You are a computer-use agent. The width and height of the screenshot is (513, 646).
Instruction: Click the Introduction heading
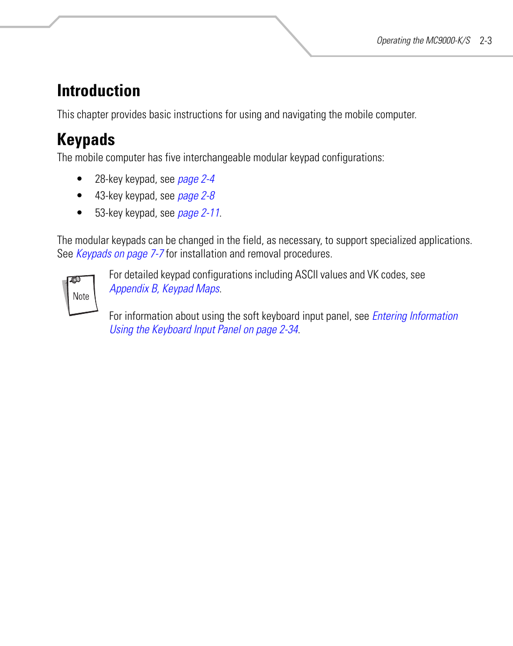tap(98, 91)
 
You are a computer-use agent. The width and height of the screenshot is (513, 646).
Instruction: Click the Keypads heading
tap(86, 140)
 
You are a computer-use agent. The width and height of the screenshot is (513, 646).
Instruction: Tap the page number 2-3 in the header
tap(486, 40)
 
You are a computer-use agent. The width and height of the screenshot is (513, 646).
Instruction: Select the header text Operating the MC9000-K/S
tap(423, 41)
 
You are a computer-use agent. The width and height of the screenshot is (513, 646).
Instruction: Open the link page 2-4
tap(196, 180)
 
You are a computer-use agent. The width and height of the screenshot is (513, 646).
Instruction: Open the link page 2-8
tap(196, 196)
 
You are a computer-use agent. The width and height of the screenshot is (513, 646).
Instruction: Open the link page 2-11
tap(198, 213)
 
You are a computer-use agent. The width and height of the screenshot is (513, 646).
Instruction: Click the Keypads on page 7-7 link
tap(120, 254)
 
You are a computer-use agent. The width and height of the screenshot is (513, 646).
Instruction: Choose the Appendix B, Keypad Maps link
tap(165, 289)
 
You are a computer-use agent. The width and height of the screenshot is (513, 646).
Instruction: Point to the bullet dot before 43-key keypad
tap(80, 196)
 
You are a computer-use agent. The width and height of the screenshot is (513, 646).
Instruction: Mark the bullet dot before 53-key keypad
tap(80, 213)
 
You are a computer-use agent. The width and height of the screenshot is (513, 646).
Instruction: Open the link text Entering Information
tap(415, 316)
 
